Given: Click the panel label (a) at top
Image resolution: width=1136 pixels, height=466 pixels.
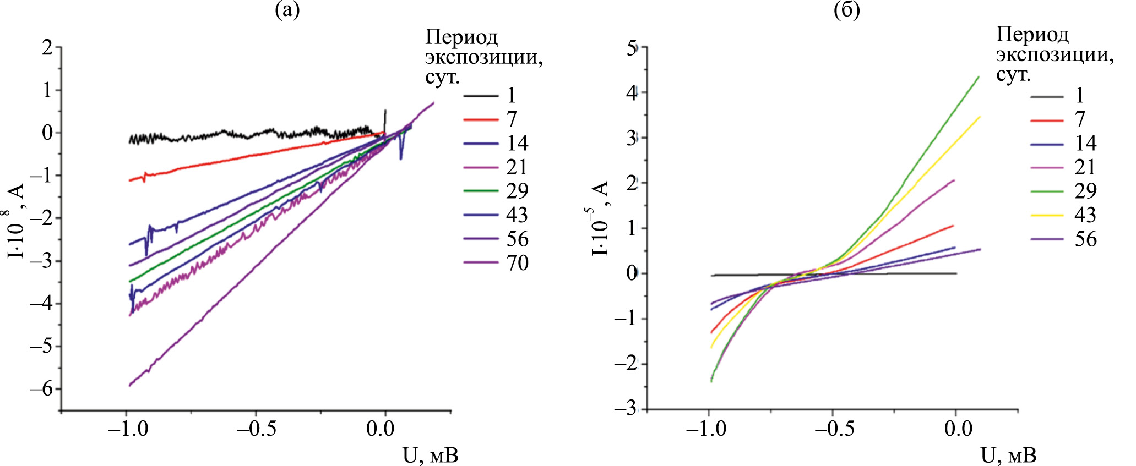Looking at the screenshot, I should click(x=287, y=10).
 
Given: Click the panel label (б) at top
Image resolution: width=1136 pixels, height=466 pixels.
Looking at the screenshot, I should click(x=846, y=10).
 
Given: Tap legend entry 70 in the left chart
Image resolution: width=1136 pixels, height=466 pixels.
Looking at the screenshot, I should click(x=517, y=263).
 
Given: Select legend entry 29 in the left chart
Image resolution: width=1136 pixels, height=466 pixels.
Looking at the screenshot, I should click(x=517, y=191).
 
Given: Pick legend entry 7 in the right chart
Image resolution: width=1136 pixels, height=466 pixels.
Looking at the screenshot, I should click(x=1079, y=119).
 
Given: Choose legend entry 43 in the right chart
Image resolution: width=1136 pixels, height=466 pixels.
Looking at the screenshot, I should click(x=1085, y=215).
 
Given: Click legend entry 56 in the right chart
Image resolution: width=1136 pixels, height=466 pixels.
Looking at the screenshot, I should click(x=1085, y=239).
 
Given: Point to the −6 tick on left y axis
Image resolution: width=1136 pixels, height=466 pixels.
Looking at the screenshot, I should click(x=41, y=389).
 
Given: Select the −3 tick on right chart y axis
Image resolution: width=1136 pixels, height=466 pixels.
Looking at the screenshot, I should click(x=626, y=409).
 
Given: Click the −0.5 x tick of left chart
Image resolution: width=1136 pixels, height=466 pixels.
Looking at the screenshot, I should click(x=257, y=429).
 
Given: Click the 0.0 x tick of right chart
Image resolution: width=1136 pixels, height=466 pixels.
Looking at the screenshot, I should click(x=958, y=429).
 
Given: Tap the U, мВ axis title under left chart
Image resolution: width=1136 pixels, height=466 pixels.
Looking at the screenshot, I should click(x=430, y=456).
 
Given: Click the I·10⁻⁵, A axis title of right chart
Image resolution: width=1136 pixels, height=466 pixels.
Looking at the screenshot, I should click(x=600, y=218).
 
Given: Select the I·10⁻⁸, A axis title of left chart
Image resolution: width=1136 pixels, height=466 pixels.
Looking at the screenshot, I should click(x=16, y=220).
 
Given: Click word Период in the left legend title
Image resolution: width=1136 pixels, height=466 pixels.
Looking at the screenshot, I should click(x=461, y=37).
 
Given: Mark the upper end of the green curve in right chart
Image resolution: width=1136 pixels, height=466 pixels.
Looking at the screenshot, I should click(x=978, y=77).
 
